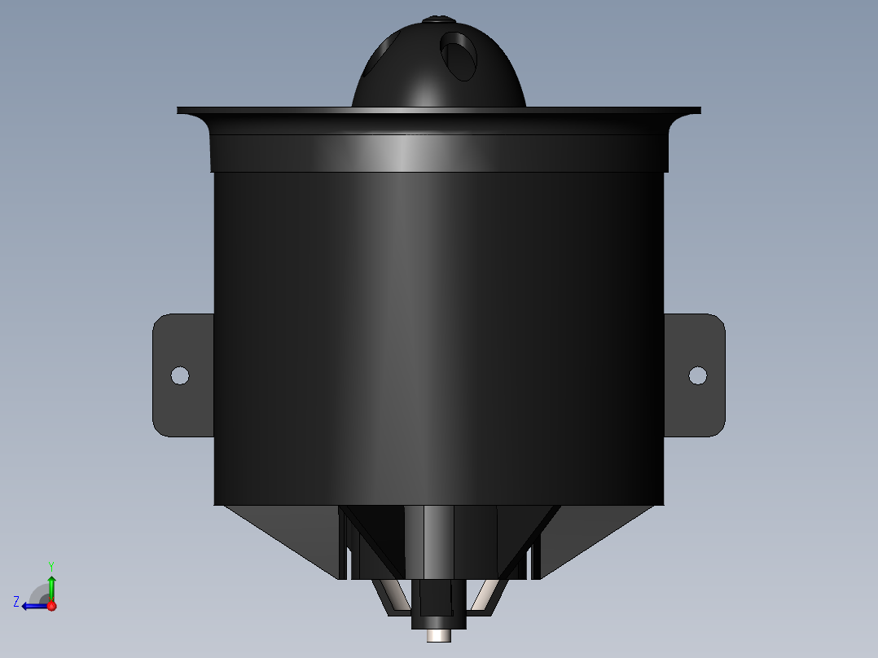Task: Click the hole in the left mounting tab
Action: pyautogui.click(x=180, y=375)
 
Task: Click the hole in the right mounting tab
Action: pyautogui.click(x=698, y=375)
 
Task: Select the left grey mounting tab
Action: pyautogui.click(x=183, y=375)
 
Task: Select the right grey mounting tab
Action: pyautogui.click(x=694, y=375)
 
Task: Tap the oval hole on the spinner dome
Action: pyautogui.click(x=459, y=56)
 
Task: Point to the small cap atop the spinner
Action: pyautogui.click(x=439, y=20)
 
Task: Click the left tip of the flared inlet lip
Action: pyautogui.click(x=178, y=110)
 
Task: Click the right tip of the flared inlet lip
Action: pyautogui.click(x=700, y=110)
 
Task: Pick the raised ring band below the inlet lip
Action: pyautogui.click(x=439, y=153)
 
